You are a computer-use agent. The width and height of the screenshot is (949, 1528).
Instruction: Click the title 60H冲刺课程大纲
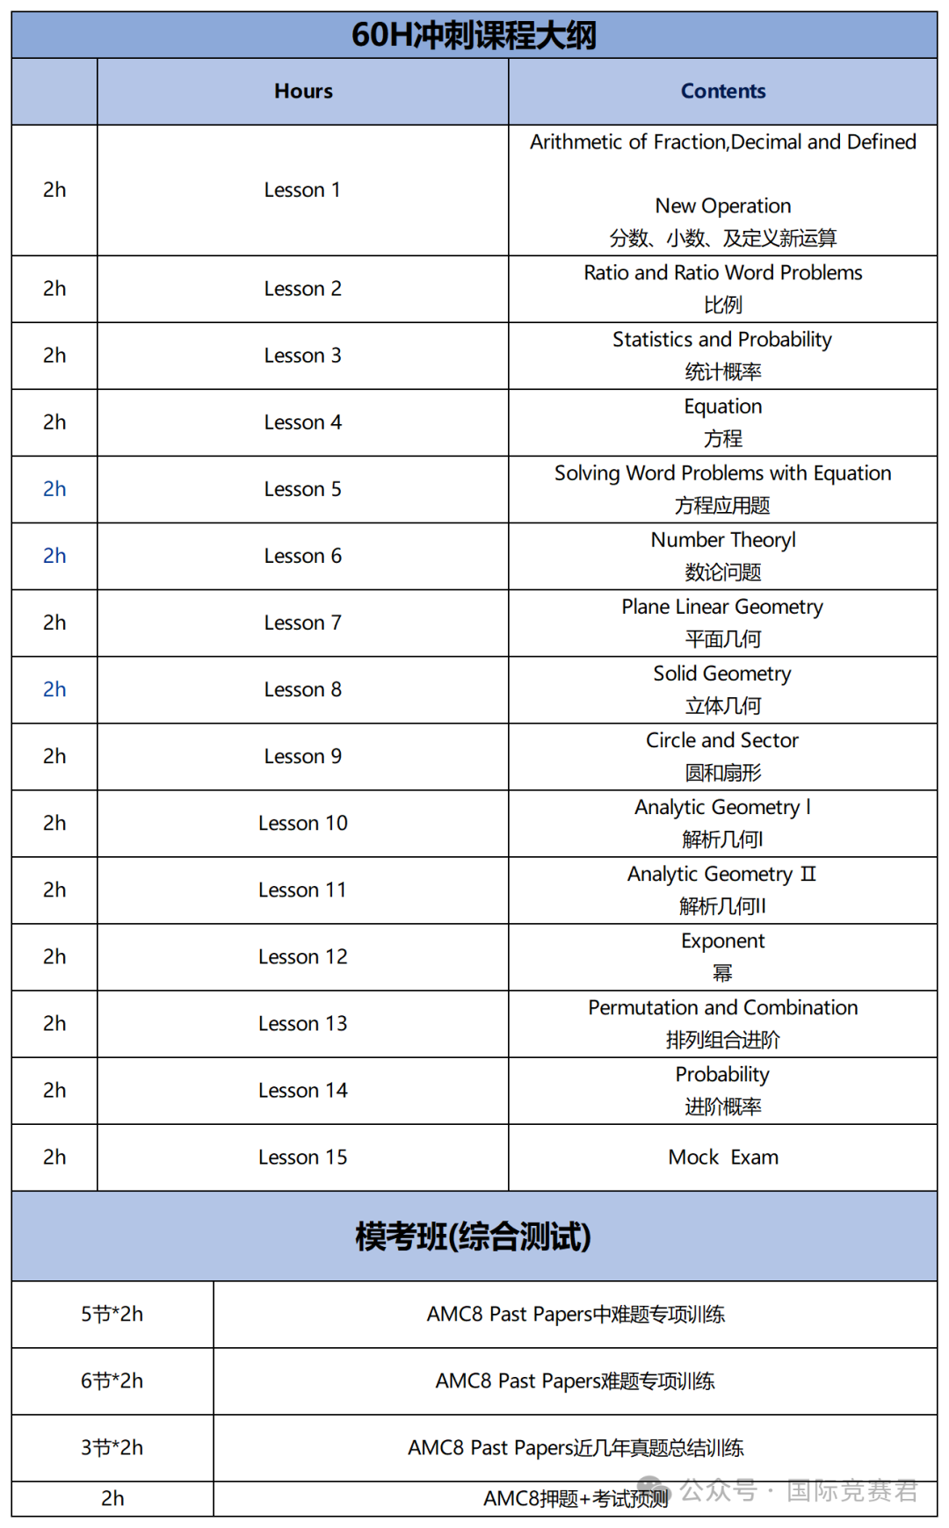tap(474, 35)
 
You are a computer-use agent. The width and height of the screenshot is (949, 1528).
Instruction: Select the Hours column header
tap(303, 91)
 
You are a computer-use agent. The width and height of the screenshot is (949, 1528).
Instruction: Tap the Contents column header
tap(722, 91)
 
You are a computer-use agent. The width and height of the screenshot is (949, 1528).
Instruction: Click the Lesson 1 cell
tap(302, 190)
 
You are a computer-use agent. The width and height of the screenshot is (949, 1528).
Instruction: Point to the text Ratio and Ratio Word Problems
tap(722, 273)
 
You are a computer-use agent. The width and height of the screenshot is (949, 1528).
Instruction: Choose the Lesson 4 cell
tap(302, 422)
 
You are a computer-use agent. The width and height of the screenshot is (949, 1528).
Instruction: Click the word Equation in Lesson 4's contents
tap(722, 407)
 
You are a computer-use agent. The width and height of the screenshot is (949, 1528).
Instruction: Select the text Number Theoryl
tap(722, 540)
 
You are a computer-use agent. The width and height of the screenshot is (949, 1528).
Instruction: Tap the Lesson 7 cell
tap(302, 623)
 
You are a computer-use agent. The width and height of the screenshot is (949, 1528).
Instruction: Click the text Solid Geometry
tap(722, 674)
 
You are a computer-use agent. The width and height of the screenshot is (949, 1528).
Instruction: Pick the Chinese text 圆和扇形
tap(722, 773)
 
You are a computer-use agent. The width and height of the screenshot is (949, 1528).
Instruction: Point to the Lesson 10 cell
tap(302, 823)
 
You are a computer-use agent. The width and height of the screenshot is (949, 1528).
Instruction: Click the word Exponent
tap(722, 941)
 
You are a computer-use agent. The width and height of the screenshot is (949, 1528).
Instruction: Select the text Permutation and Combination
tap(722, 1008)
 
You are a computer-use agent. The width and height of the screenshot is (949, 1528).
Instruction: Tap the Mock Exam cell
tap(722, 1157)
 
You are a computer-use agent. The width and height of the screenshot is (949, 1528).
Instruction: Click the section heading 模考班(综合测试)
tap(474, 1236)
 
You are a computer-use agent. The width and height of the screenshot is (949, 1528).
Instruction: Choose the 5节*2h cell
tap(112, 1315)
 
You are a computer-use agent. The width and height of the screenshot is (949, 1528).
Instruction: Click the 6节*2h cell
tap(112, 1381)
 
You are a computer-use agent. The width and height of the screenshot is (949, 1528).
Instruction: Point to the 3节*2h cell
tap(112, 1448)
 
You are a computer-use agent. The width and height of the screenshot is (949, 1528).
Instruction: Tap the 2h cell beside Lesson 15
tap(54, 1157)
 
